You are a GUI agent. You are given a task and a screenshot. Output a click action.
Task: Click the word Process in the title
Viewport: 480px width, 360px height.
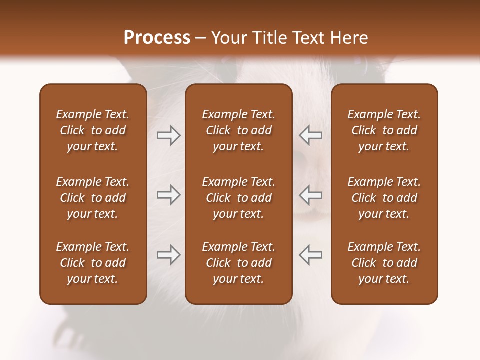coord(157,38)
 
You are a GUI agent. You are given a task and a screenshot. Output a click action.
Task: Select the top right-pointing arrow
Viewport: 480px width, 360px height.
coord(168,135)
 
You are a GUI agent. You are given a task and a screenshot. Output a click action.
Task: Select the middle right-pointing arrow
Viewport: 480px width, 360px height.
coord(168,195)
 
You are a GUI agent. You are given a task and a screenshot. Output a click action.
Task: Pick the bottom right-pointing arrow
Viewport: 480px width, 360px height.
coord(168,255)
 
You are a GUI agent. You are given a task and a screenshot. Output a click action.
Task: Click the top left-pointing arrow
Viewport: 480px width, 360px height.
coord(311,135)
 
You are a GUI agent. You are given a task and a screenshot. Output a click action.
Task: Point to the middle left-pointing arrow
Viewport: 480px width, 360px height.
coord(311,195)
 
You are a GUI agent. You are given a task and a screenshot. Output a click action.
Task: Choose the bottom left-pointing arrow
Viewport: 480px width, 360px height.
coord(311,255)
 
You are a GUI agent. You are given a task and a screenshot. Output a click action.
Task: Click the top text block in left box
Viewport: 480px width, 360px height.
coord(93,130)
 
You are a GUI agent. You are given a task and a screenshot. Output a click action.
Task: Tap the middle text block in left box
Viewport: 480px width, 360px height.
coord(93,198)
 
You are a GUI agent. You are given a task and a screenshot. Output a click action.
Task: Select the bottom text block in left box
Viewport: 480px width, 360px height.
coord(93,263)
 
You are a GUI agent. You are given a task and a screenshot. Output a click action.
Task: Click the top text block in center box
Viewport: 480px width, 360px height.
coord(238,130)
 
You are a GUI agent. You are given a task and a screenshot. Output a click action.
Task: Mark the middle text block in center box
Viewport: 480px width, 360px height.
coord(238,198)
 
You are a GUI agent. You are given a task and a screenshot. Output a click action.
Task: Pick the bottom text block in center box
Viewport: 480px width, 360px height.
coord(238,263)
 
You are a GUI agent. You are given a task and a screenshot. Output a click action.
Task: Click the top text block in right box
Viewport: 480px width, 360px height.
coord(384,130)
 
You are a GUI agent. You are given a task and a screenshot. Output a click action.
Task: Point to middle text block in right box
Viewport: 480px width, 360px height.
coord(384,198)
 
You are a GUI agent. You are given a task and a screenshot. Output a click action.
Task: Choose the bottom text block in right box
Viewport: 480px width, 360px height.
coord(384,263)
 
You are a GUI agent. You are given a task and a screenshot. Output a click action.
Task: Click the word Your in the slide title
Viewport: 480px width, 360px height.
coord(229,38)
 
